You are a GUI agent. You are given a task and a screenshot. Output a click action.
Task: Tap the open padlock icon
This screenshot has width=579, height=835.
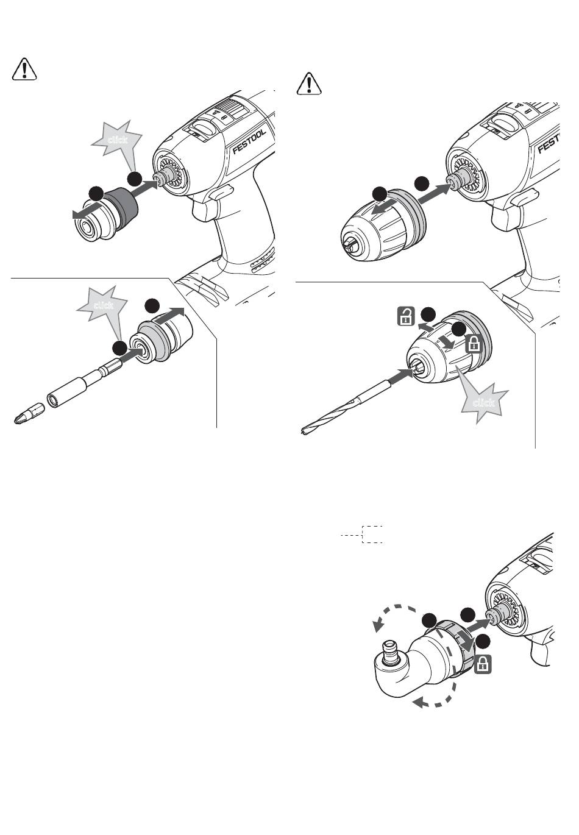(405, 316)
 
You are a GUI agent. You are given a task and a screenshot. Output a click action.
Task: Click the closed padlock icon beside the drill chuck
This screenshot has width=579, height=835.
(474, 344)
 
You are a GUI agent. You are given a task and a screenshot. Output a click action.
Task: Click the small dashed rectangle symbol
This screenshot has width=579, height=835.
(372, 534)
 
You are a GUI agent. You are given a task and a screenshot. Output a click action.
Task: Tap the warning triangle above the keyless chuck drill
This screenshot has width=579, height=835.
(311, 85)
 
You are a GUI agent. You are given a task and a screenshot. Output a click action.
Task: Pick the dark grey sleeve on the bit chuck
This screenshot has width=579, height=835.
(124, 205)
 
